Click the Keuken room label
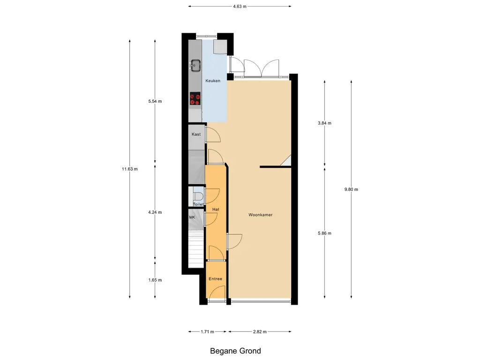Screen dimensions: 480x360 click(x=213, y=81)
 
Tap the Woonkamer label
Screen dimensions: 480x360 click(x=261, y=215)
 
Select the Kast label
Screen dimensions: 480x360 click(x=196, y=135)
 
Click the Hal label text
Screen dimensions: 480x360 click(x=216, y=210)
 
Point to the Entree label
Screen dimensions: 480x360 click(x=216, y=279)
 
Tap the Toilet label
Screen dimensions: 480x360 click(x=198, y=204)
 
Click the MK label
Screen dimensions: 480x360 click(x=192, y=217)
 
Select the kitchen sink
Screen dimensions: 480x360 click(x=195, y=66)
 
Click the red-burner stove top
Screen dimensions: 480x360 click(x=195, y=98)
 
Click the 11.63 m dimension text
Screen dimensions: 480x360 click(x=130, y=169)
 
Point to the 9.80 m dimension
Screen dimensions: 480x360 click(x=351, y=189)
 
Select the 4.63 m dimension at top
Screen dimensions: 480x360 click(x=240, y=6)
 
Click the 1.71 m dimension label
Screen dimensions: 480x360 click(x=208, y=331)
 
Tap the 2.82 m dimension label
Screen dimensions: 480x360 click(x=260, y=331)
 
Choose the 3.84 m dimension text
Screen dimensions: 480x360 click(x=324, y=123)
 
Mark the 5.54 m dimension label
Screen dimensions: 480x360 click(x=155, y=101)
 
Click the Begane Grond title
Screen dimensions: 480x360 click(x=235, y=351)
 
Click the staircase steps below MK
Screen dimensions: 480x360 click(x=196, y=249)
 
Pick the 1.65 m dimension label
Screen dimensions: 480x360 click(x=155, y=280)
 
